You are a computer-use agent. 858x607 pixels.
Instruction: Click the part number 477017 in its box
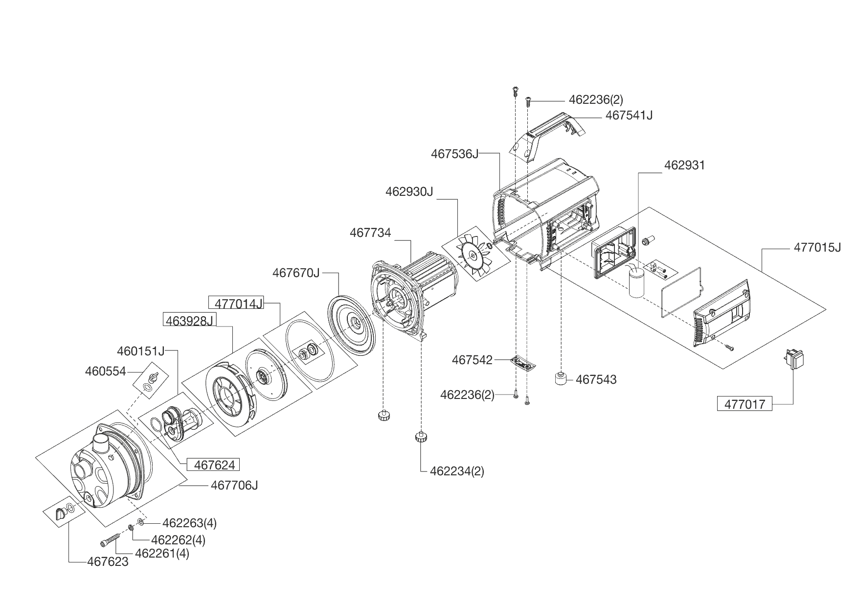pyautogui.click(x=745, y=404)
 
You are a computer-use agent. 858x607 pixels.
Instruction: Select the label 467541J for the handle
pyautogui.click(x=629, y=116)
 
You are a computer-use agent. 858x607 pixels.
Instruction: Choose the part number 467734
pyautogui.click(x=370, y=233)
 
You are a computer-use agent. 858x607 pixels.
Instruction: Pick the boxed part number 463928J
pyautogui.click(x=189, y=321)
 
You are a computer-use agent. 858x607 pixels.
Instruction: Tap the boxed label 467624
pyautogui.click(x=214, y=465)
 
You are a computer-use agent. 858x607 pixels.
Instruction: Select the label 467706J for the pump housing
pyautogui.click(x=234, y=485)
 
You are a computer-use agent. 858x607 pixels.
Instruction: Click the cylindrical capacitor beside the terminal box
pyautogui.click(x=636, y=283)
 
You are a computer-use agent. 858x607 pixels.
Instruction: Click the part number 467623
pyautogui.click(x=108, y=561)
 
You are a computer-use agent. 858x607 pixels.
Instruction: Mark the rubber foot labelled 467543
pyautogui.click(x=562, y=379)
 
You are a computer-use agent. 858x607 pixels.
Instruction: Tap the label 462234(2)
pyautogui.click(x=457, y=471)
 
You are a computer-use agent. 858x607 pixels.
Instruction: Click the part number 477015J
pyautogui.click(x=817, y=248)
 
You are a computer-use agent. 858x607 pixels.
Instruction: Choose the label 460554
pyautogui.click(x=105, y=372)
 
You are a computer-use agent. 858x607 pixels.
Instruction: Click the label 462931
pyautogui.click(x=684, y=165)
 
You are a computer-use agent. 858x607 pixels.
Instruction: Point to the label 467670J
pyautogui.click(x=296, y=273)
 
